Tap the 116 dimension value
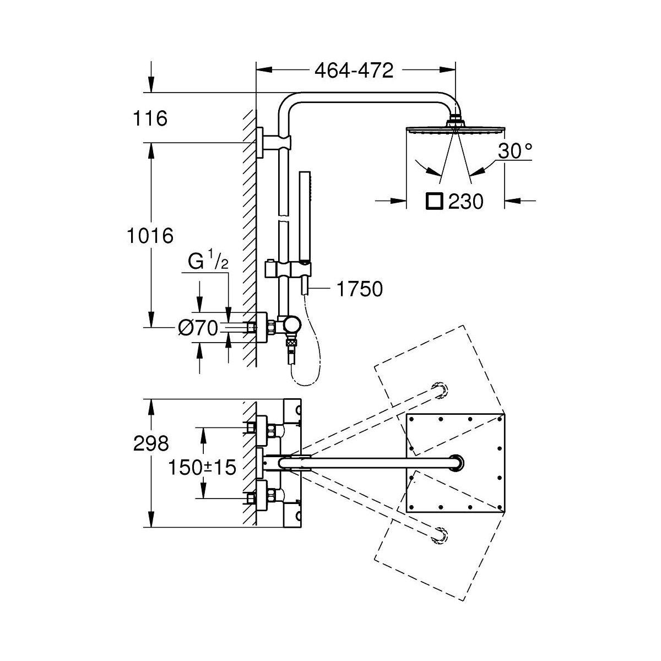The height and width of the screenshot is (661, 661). point(150,118)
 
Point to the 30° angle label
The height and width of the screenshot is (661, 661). point(515,150)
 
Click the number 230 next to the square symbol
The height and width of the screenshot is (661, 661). point(465,202)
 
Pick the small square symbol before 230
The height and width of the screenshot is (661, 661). point(434,202)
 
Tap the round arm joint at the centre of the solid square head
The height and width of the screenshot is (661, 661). point(456,463)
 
